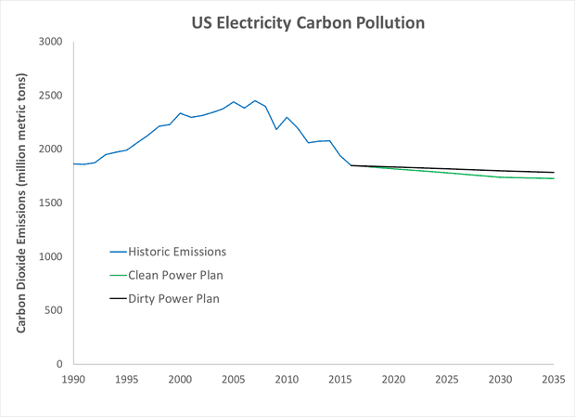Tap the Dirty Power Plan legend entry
173,298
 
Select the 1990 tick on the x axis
73,380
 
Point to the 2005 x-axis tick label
233,380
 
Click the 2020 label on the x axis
393,380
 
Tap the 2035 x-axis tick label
553,380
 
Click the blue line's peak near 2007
255,100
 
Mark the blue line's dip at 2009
276,129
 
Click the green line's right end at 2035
554,178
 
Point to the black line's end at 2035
554,172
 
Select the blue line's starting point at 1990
73,163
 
